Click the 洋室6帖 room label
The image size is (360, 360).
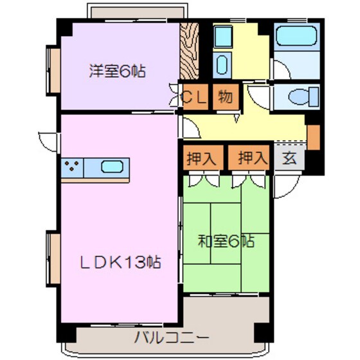[117, 71]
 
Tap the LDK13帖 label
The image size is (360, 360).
[120, 263]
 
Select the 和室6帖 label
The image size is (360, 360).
[226, 242]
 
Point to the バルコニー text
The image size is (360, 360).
[171, 337]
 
